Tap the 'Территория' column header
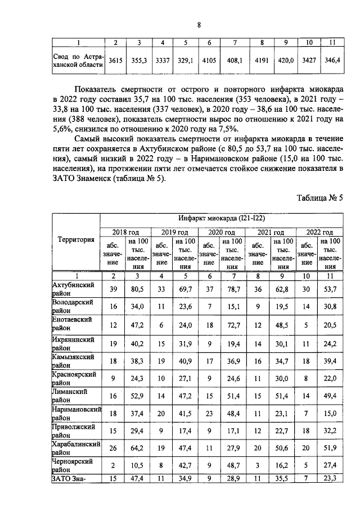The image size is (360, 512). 76,239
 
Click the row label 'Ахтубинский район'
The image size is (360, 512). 73,289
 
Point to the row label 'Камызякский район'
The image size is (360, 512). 73,360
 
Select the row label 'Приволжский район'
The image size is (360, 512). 73,431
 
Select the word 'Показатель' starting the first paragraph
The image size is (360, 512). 100,89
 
